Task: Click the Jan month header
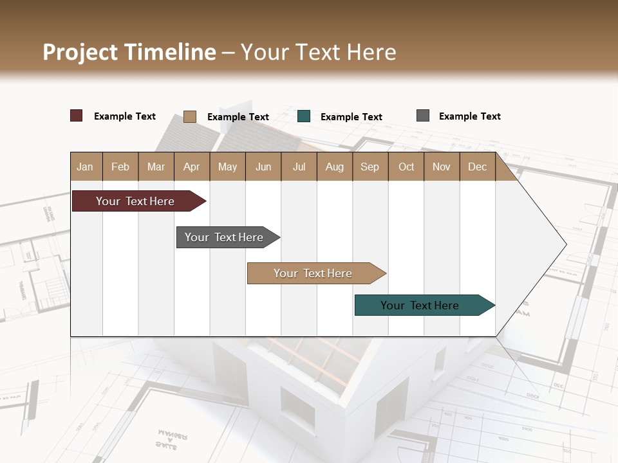coord(85,167)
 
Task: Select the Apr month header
coord(191,167)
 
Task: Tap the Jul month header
coord(299,167)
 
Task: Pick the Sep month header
coord(370,167)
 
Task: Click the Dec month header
coord(477,167)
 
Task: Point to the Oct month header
coord(406,167)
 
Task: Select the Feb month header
coord(120,167)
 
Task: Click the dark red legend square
coord(76,116)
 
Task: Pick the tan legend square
coord(189,116)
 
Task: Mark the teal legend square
coord(304,116)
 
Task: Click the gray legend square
coord(422,116)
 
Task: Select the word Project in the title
coord(80,52)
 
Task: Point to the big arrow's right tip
coord(565,244)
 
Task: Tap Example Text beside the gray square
coord(469,116)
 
